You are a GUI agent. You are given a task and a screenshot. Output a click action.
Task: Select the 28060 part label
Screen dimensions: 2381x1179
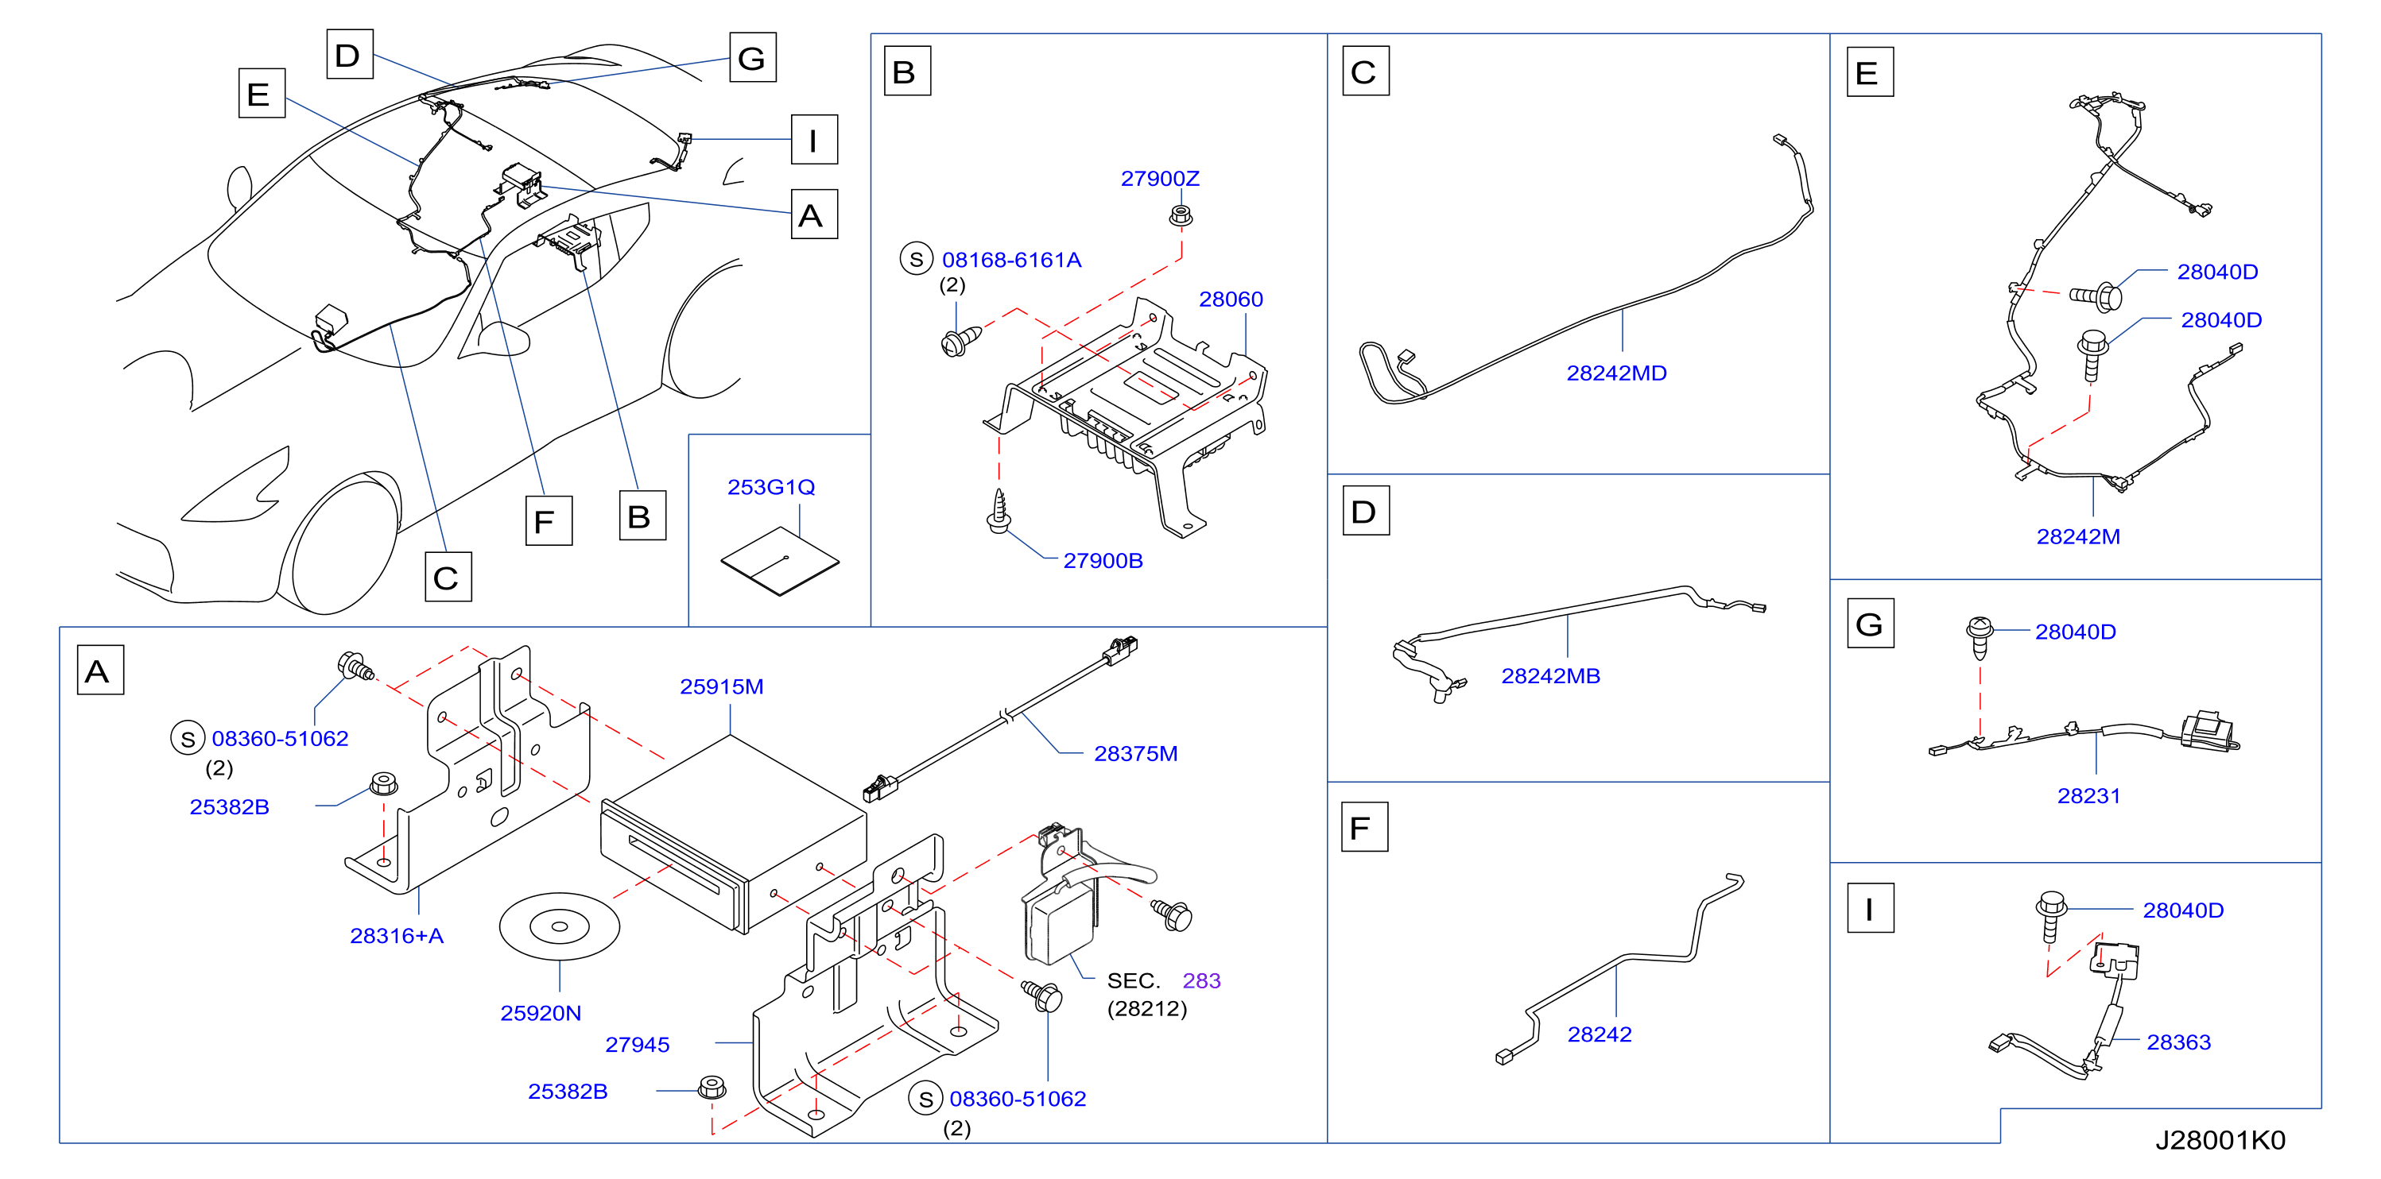pyautogui.click(x=1230, y=300)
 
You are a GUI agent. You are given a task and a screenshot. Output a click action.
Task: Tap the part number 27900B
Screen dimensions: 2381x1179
pyautogui.click(x=1103, y=561)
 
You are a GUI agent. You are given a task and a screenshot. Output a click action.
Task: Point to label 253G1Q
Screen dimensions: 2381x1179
pyautogui.click(x=771, y=487)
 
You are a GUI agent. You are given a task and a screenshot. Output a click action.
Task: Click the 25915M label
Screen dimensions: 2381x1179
pyautogui.click(x=721, y=686)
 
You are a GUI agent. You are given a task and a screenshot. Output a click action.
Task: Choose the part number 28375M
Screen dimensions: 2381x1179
pyautogui.click(x=1135, y=754)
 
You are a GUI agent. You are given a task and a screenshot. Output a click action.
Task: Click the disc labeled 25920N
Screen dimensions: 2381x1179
pyautogui.click(x=559, y=926)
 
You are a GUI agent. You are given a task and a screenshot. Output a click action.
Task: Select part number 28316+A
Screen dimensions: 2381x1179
pyautogui.click(x=397, y=936)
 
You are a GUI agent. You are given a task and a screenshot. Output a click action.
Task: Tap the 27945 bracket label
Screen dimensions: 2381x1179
pyautogui.click(x=637, y=1045)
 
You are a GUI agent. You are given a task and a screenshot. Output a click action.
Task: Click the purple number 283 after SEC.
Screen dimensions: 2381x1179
pyautogui.click(x=1200, y=980)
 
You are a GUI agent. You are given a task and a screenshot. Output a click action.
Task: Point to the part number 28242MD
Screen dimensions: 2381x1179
pyautogui.click(x=1615, y=373)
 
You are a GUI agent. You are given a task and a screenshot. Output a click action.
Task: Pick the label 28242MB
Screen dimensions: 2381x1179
pyautogui.click(x=1550, y=676)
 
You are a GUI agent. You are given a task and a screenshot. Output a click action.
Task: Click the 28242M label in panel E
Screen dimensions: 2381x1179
pyautogui.click(x=2078, y=537)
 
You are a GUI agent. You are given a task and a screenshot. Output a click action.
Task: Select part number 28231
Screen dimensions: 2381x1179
pyautogui.click(x=2088, y=797)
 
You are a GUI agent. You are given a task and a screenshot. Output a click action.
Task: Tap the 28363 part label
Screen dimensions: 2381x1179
pyautogui.click(x=2177, y=1042)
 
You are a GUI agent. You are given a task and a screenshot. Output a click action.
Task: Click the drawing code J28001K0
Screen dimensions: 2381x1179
pyautogui.click(x=2220, y=1140)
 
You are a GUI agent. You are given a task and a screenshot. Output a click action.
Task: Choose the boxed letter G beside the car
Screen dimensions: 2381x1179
pyautogui.click(x=752, y=57)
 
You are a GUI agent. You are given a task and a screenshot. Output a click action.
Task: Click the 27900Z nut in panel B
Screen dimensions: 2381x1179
pyautogui.click(x=1181, y=216)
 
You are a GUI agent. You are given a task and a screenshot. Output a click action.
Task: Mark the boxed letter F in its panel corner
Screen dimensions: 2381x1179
pyautogui.click(x=1364, y=827)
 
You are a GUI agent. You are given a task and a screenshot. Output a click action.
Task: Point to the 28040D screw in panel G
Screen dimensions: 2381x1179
pyautogui.click(x=1978, y=637)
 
